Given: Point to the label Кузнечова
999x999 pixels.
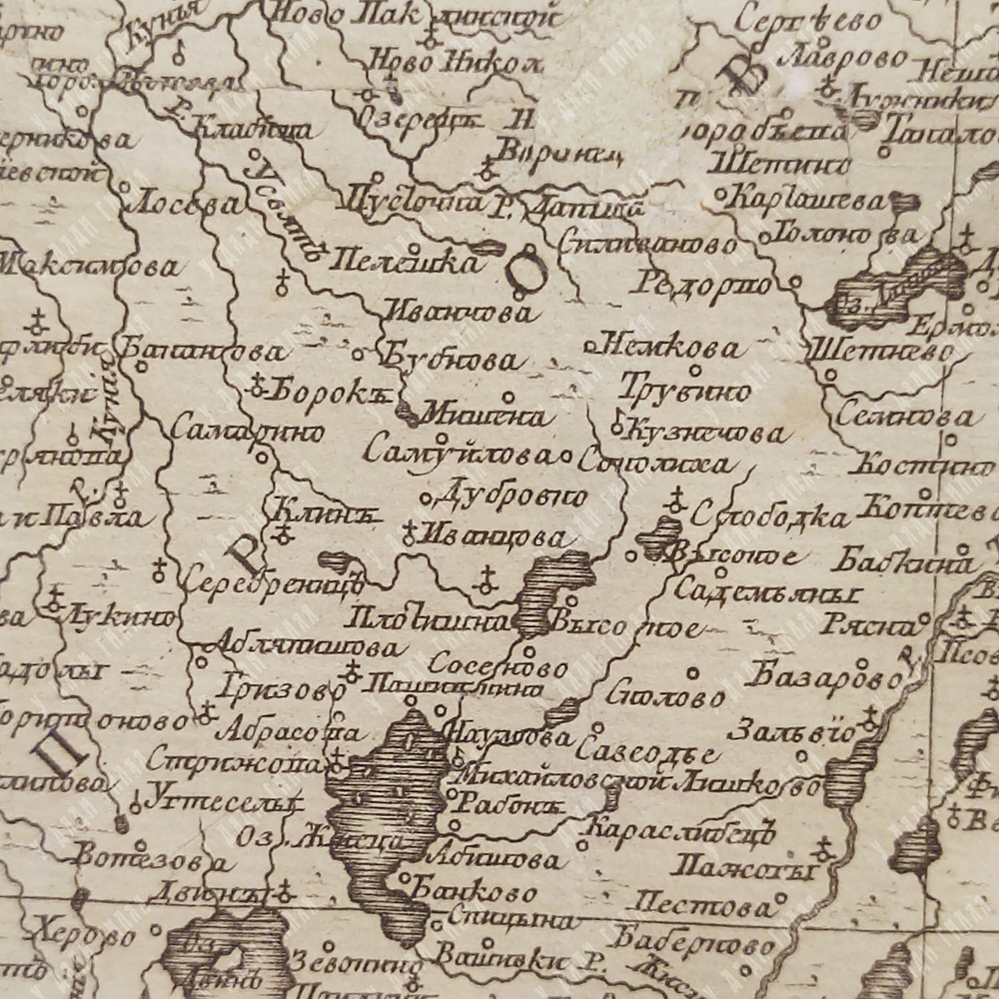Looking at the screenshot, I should pos(705,433).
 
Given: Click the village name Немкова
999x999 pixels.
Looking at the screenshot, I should pos(676,348).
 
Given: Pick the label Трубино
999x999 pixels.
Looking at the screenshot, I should pos(685,390).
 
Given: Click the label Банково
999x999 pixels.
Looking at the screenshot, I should pos(475,891).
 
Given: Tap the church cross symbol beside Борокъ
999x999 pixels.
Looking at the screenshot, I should pos(257,383).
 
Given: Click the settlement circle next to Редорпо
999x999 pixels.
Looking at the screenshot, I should pos(795,282).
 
